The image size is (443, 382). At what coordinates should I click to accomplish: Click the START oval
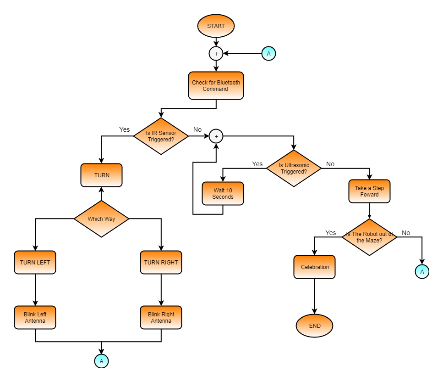[x=216, y=26]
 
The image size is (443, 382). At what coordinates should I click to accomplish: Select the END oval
[x=314, y=326]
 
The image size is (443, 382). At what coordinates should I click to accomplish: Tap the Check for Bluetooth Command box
[x=216, y=85]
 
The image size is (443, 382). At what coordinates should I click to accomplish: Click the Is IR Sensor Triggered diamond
[x=161, y=136]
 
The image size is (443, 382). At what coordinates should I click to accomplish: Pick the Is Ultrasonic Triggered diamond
[x=294, y=169]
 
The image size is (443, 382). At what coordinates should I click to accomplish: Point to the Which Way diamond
[x=101, y=219]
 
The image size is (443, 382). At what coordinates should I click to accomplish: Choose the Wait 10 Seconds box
[x=223, y=193]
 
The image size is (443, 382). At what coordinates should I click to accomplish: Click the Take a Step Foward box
[x=369, y=191]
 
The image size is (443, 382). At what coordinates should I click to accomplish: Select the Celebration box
[x=314, y=267]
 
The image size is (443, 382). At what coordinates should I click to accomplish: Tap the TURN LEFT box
[x=35, y=263]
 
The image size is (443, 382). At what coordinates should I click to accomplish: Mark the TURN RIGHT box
[x=161, y=263]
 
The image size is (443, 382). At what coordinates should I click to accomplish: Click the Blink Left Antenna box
[x=35, y=317]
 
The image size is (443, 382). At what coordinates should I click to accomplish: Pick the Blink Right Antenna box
[x=161, y=317]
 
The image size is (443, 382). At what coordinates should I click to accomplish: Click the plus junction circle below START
[x=216, y=54]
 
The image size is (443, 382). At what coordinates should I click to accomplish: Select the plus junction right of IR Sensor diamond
[x=216, y=136]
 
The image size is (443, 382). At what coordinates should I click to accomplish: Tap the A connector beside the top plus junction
[x=268, y=54]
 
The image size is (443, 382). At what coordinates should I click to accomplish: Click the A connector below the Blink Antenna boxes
[x=101, y=361]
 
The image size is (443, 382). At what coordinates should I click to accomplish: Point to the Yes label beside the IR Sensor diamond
[x=124, y=129]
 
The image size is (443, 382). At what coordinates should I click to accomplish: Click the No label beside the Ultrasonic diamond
[x=330, y=164]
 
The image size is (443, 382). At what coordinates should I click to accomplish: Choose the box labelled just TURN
[x=101, y=175]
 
